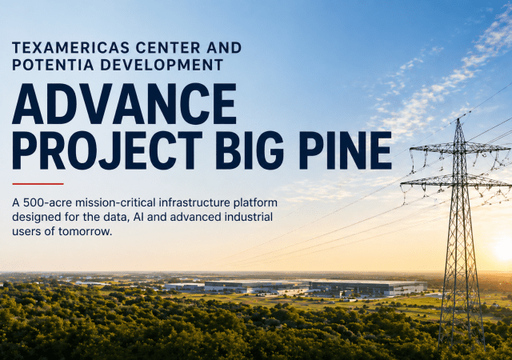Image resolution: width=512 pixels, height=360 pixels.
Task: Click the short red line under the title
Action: (x=38, y=183)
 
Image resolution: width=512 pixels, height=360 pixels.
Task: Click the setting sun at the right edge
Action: (x=503, y=250)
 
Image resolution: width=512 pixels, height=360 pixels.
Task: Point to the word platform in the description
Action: (x=255, y=202)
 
